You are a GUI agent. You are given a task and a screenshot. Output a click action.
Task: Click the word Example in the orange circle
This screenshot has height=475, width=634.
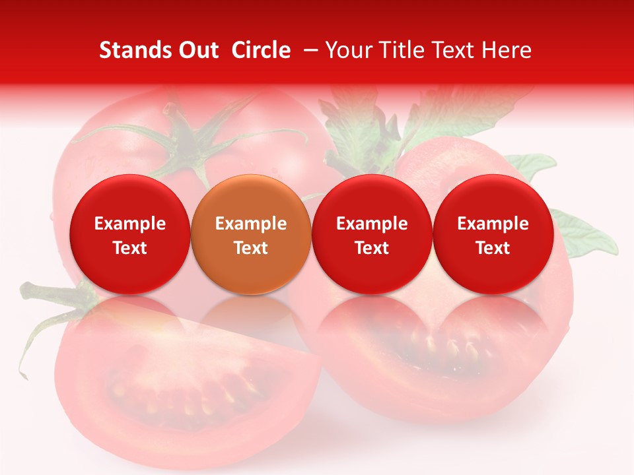coord(251,224)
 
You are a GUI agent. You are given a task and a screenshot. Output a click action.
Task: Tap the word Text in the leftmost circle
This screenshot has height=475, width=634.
coord(129,248)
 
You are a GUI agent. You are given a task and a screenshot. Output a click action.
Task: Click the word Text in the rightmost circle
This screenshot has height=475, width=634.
coord(493,248)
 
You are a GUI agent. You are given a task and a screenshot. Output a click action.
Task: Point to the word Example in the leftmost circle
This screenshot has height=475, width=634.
coord(129,224)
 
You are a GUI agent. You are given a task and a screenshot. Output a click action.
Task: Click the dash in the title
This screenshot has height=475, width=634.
coord(308,50)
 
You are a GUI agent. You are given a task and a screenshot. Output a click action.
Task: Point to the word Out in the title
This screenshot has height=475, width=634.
coord(197,50)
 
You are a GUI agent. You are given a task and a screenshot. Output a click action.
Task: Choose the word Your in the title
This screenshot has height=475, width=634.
coord(347,50)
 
